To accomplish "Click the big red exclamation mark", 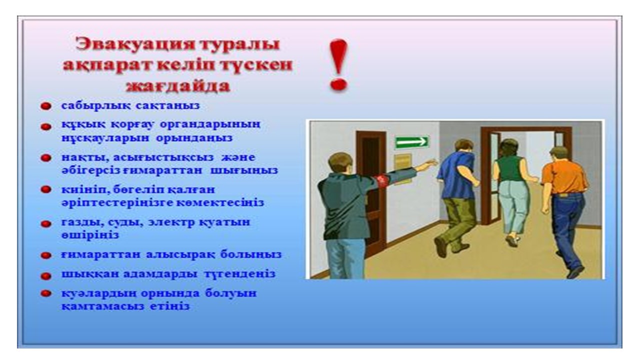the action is [x=338, y=65].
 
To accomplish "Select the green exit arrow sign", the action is [x=411, y=141].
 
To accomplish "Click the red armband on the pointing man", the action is [x=382, y=181].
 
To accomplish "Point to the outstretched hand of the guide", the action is [x=430, y=163].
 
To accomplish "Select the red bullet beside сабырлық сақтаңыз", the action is [x=45, y=106].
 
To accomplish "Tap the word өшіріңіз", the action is [x=90, y=235].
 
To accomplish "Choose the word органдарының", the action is [x=210, y=125].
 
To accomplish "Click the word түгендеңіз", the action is [x=239, y=273].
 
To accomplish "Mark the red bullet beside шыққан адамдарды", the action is [x=45, y=276].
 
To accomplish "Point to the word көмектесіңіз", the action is [x=220, y=203].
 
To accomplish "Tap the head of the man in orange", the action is [x=558, y=155].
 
